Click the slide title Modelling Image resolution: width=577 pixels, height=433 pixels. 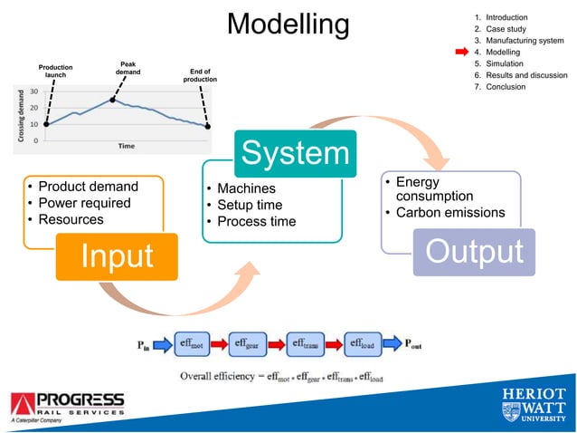[x=288, y=24]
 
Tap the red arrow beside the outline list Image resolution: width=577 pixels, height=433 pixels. [x=460, y=53]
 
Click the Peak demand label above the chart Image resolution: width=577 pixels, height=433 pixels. [x=128, y=69]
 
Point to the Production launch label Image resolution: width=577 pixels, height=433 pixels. [x=55, y=72]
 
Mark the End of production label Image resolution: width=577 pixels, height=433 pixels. [x=200, y=76]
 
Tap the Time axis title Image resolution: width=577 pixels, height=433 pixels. [x=127, y=145]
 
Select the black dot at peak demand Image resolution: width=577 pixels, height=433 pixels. [x=113, y=100]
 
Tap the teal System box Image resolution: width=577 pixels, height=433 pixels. [x=293, y=153]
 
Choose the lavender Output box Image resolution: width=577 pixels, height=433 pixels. [x=475, y=251]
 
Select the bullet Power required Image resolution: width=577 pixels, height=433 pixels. [x=84, y=203]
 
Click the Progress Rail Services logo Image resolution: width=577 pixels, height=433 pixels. [x=69, y=406]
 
